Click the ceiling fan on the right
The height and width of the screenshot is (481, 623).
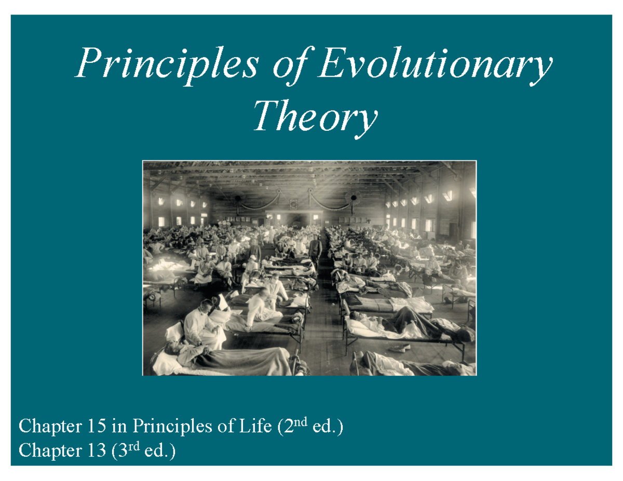point(354,198)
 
